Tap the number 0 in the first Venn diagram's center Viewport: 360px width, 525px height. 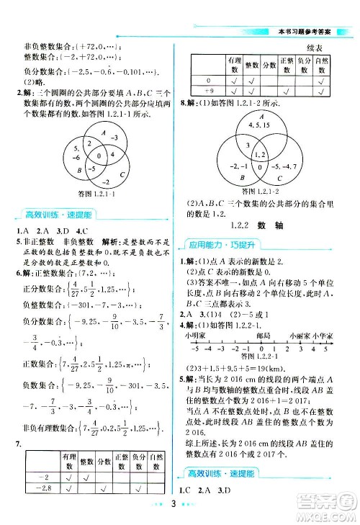[x=90, y=154]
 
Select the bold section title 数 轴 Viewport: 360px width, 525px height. [x=289, y=225]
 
